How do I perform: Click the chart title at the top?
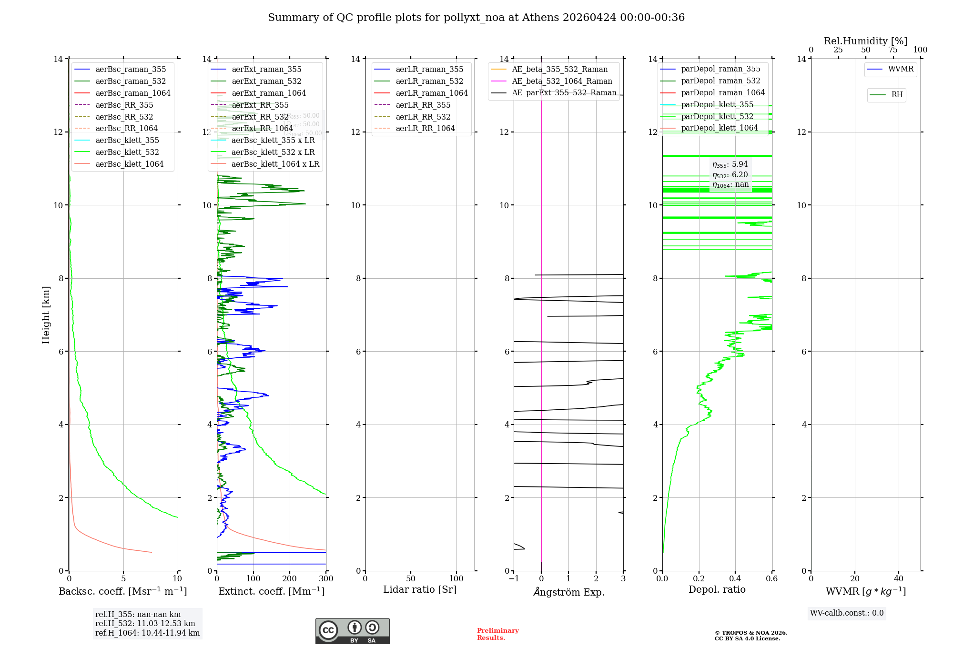(x=476, y=18)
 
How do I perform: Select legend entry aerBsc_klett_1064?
(x=129, y=164)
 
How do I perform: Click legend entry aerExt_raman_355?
(x=266, y=70)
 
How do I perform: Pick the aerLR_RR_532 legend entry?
(x=423, y=117)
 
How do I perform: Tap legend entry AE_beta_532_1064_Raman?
(x=562, y=81)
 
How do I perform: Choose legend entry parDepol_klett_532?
(x=717, y=116)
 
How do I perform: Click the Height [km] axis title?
(x=46, y=314)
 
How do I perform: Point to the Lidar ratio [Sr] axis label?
(x=420, y=590)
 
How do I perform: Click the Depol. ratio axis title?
(x=717, y=590)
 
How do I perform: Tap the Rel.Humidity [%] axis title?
(x=865, y=41)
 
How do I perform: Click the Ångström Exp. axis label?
(x=568, y=592)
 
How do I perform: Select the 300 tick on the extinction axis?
(x=326, y=579)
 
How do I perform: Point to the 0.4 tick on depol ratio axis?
(x=735, y=579)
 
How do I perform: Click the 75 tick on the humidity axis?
(x=893, y=50)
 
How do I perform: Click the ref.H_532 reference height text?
(x=145, y=624)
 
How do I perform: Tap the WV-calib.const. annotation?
(x=847, y=613)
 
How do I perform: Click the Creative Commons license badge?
(x=352, y=631)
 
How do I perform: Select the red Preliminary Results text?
(x=497, y=634)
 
